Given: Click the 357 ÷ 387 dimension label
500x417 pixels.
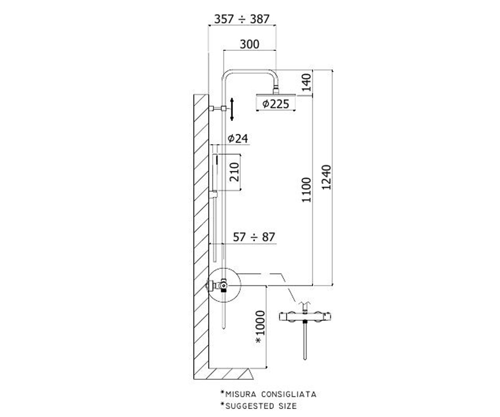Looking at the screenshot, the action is [242, 19].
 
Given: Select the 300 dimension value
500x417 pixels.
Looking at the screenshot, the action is [250, 44].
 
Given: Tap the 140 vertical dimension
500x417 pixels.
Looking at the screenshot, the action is [306, 83].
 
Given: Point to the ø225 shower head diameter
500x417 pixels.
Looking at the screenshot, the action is [275, 104].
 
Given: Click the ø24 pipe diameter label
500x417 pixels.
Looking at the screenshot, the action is [238, 138].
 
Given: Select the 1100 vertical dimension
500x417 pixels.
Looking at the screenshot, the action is [306, 190].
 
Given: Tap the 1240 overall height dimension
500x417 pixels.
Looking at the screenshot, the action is [326, 177].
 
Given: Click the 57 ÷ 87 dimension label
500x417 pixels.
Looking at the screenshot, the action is [254, 237].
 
